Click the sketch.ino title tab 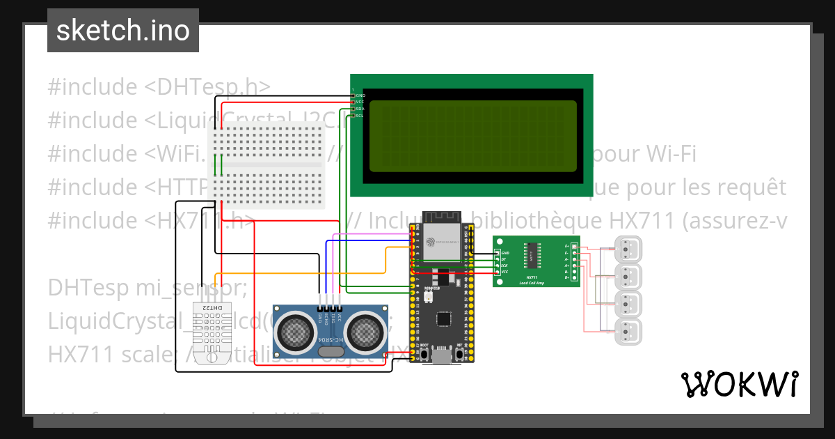coord(122,31)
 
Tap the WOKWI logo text coord(739,384)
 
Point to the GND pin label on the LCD coord(360,95)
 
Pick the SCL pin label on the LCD coord(360,116)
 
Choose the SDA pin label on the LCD coord(360,109)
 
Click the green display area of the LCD coord(472,136)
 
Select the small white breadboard coord(268,165)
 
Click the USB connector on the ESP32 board coord(442,357)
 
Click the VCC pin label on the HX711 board coord(504,271)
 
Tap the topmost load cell coord(629,249)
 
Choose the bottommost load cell coord(629,332)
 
